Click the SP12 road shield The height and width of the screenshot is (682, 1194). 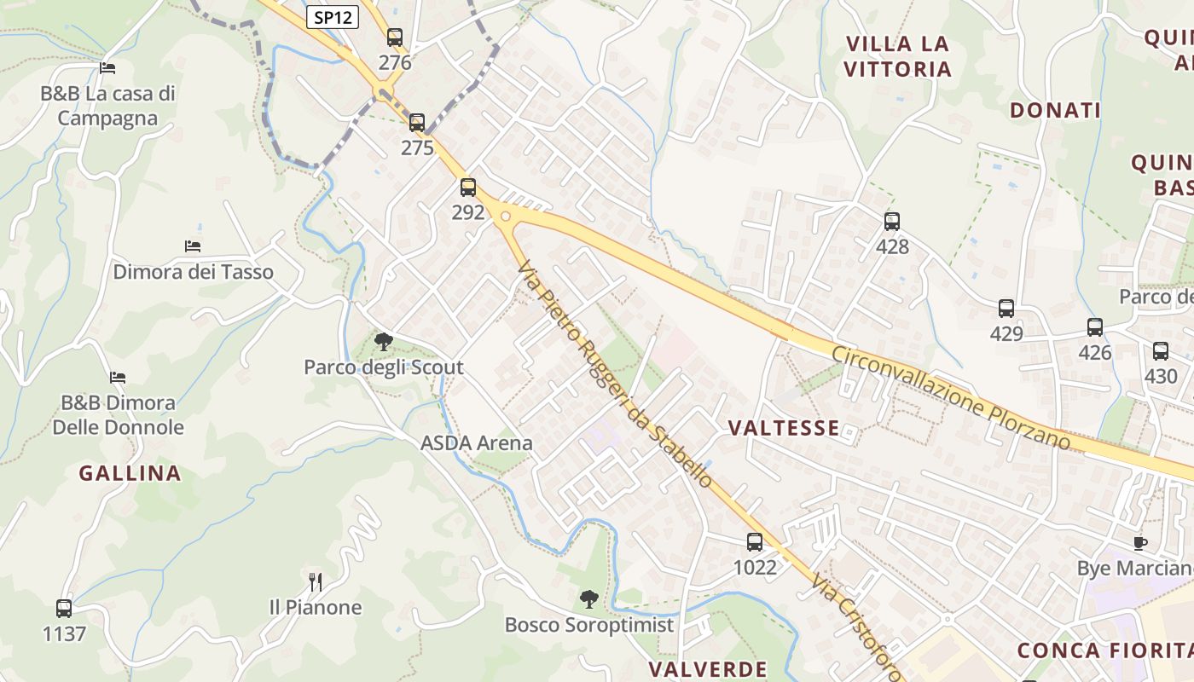(x=333, y=17)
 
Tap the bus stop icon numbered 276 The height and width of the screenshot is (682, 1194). (x=394, y=38)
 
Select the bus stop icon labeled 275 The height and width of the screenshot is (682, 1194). (x=416, y=123)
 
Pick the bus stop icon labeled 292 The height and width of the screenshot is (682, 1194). (x=467, y=188)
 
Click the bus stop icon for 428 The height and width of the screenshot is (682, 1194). (x=892, y=222)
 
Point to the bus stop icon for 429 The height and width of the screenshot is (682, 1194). (x=1006, y=309)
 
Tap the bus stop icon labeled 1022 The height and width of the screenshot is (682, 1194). (x=755, y=542)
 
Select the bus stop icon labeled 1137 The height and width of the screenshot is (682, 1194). (x=64, y=609)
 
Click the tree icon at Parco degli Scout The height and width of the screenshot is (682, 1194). (x=384, y=342)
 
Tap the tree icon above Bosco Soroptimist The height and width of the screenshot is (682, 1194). (x=588, y=599)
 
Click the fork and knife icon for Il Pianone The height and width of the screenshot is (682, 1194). (x=316, y=582)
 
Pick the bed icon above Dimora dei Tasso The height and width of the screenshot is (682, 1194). (x=193, y=246)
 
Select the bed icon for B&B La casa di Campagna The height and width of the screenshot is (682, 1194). (x=107, y=68)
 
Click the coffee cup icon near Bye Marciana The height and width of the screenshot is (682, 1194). (x=1140, y=543)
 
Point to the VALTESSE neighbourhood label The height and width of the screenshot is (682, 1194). (x=784, y=428)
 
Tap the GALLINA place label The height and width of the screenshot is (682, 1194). (x=130, y=473)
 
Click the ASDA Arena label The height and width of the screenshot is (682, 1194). (x=476, y=443)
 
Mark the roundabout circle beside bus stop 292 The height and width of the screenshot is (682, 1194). (x=506, y=217)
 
